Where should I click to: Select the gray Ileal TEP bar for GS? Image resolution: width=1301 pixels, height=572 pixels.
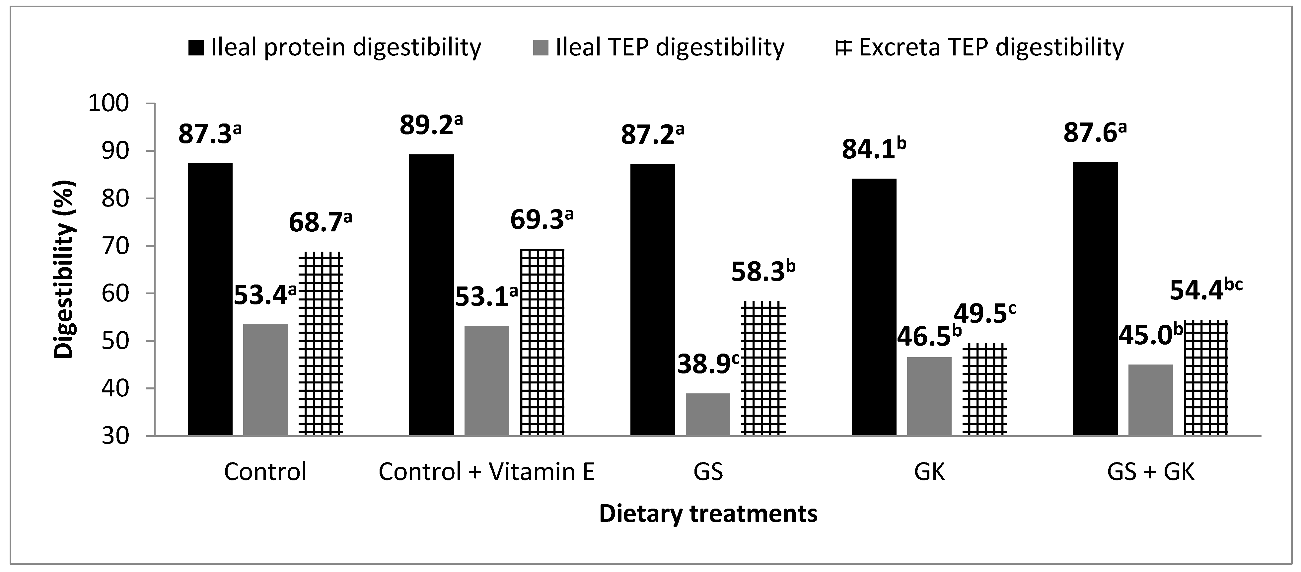point(708,414)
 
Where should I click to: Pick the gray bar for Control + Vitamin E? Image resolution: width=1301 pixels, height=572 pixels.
point(487,380)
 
